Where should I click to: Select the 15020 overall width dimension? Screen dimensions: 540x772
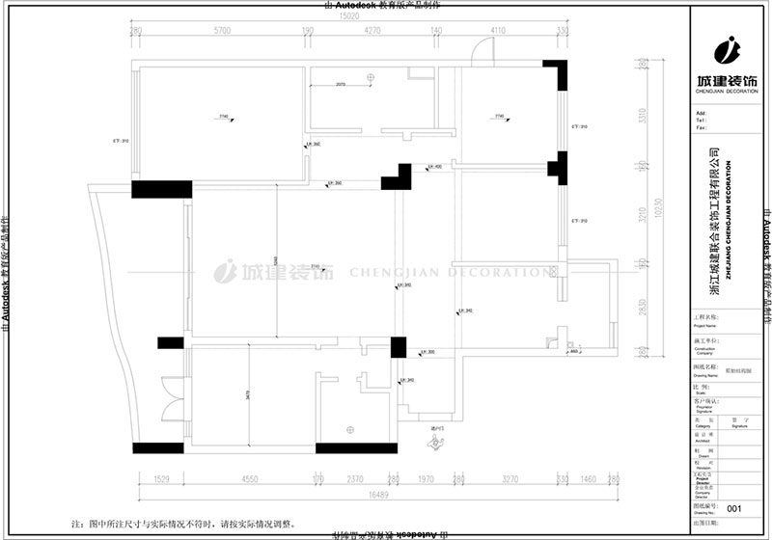pyautogui.click(x=346, y=15)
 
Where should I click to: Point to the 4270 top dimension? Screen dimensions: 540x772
pyautogui.click(x=375, y=32)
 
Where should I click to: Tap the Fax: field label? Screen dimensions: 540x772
pyautogui.click(x=701, y=127)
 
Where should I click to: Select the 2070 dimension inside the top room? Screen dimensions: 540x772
pyautogui.click(x=341, y=85)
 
